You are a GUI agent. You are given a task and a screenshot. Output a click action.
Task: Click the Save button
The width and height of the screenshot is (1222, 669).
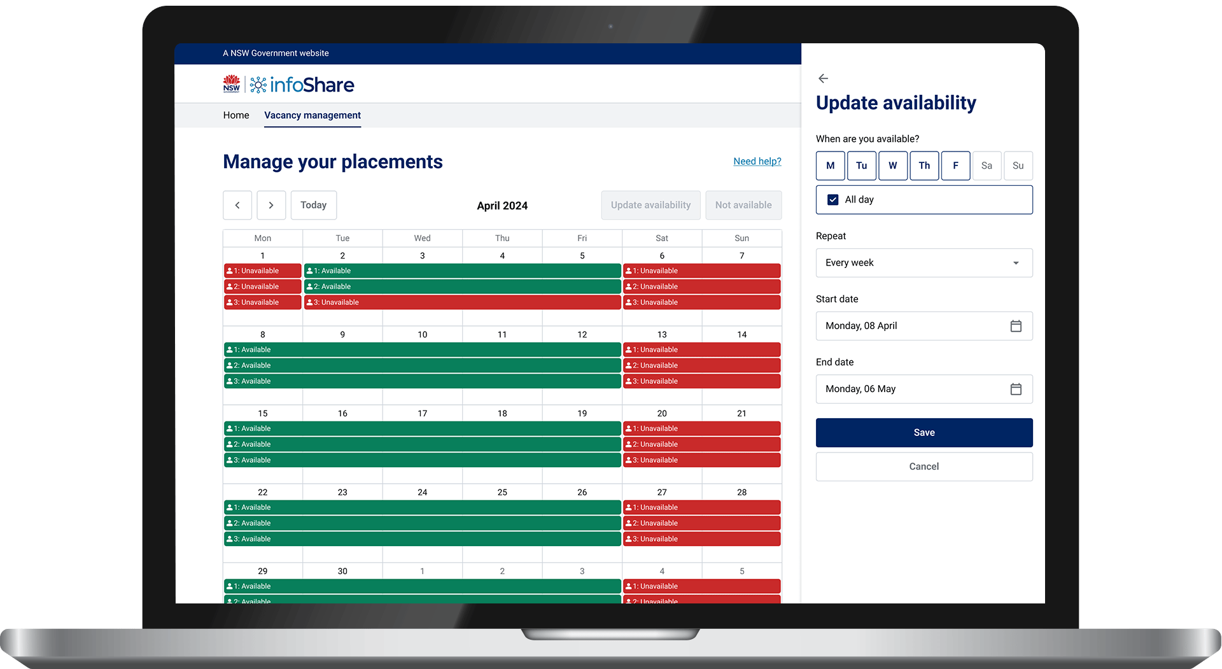[924, 433]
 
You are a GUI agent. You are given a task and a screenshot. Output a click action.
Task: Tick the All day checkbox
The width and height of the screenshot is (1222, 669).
[832, 200]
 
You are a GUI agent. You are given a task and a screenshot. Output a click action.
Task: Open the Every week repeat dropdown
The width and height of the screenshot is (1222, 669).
[924, 263]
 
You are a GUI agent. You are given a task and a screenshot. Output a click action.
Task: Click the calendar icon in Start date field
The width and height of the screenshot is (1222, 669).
[1016, 326]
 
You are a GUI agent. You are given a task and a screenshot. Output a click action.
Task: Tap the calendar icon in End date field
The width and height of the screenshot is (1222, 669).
[1016, 389]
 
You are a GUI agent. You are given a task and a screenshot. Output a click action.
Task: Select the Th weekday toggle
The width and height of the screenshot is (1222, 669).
[924, 165]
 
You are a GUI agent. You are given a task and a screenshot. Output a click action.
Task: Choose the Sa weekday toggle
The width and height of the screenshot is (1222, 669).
[987, 165]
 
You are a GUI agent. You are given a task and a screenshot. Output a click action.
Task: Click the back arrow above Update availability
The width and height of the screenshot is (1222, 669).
[823, 78]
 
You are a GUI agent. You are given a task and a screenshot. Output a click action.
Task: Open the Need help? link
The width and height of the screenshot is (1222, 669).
[757, 162]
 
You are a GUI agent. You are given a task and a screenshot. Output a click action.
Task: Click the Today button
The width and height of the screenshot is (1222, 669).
[314, 205]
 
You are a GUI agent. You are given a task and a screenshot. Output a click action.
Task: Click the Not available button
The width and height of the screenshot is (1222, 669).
[743, 205]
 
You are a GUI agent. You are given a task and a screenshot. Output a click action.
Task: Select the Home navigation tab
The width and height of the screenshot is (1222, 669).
[236, 115]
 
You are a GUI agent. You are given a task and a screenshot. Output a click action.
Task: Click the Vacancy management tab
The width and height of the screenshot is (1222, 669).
[313, 115]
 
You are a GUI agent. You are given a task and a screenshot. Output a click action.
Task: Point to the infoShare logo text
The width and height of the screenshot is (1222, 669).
[312, 85]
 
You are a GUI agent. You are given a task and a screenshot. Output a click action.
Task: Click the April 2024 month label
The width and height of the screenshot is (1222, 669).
[502, 206]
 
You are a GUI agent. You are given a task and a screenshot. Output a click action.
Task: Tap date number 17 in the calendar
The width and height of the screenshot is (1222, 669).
[423, 414]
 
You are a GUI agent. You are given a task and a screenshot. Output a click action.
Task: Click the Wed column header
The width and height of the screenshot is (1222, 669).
[423, 238]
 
